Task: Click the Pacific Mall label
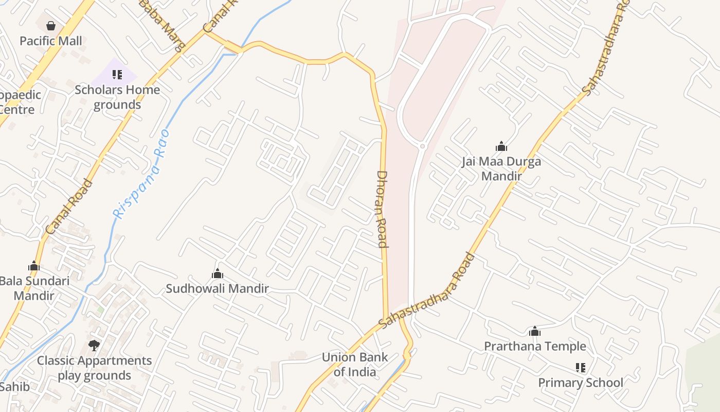click(x=51, y=41)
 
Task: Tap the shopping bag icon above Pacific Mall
click(x=51, y=25)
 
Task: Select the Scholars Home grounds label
click(x=117, y=97)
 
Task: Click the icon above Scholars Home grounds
click(x=117, y=75)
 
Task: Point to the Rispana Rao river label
click(x=141, y=174)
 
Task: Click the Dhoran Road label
click(x=382, y=209)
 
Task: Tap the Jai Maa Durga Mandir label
click(x=501, y=168)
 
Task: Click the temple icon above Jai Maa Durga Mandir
click(x=501, y=146)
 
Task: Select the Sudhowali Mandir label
click(x=217, y=288)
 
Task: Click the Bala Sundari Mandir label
click(x=34, y=288)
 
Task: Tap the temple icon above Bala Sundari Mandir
click(x=34, y=266)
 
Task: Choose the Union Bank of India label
click(x=354, y=364)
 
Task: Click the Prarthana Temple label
click(x=535, y=346)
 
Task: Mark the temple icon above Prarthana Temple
click(x=535, y=331)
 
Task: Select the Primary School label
click(x=580, y=383)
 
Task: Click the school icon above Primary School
click(x=581, y=368)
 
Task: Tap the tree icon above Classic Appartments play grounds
click(x=94, y=345)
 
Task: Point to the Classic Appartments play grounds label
click(x=94, y=368)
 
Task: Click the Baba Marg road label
click(x=163, y=25)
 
